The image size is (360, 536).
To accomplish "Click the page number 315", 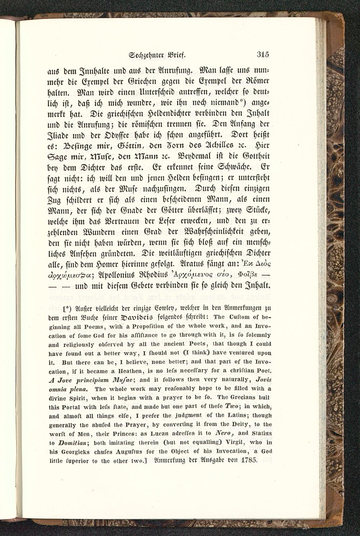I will tap(263, 55).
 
